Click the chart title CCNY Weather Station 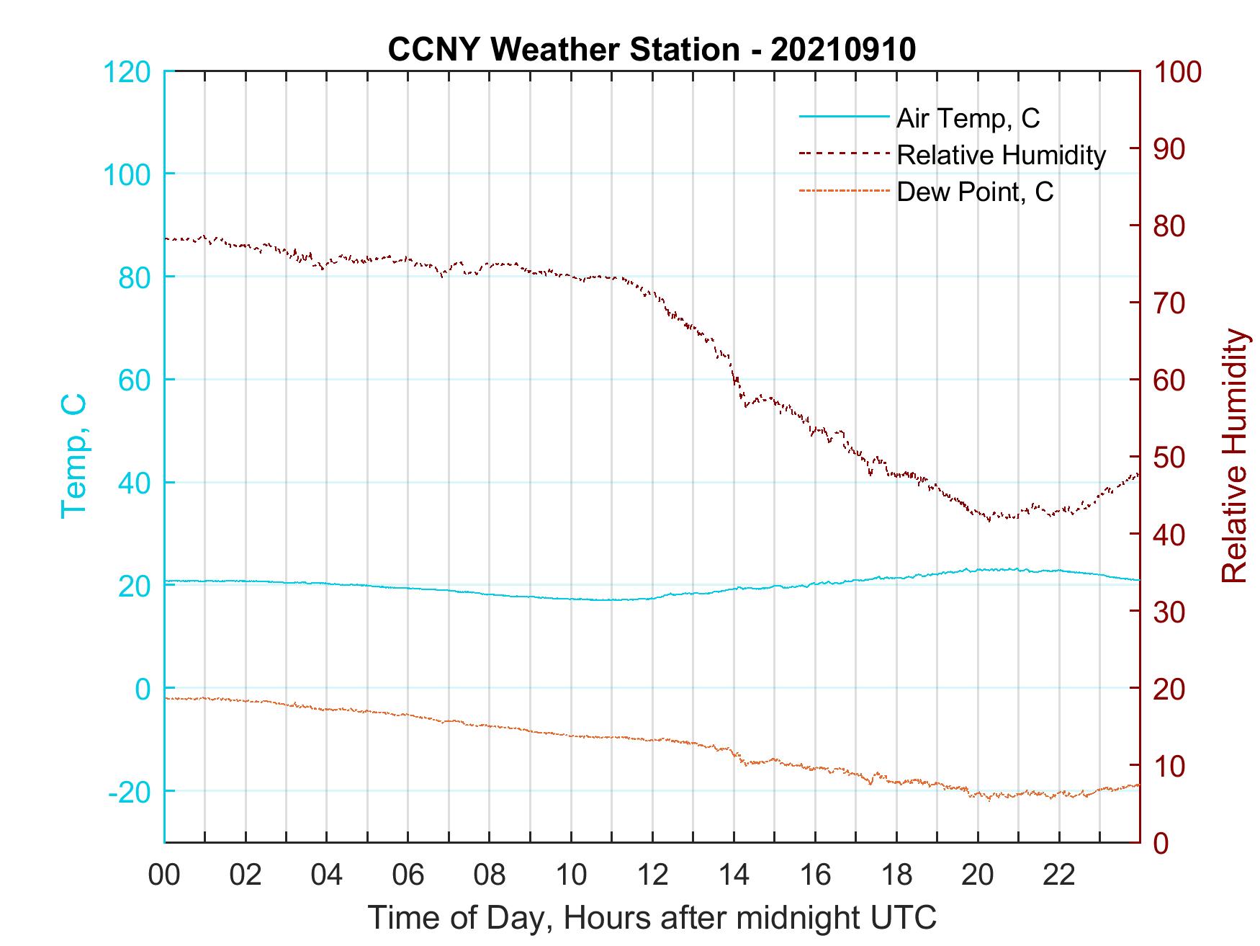click(563, 50)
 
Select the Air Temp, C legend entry click(967, 118)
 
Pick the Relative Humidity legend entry click(1001, 155)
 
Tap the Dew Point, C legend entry click(974, 192)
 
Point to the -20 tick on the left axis click(130, 792)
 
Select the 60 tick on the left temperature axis click(134, 380)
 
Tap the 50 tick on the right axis click(1169, 458)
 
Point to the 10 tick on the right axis click(1169, 766)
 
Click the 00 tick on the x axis click(165, 875)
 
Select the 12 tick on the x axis click(652, 875)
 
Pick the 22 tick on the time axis click(1059, 875)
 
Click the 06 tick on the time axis click(408, 875)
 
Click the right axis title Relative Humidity click(1234, 456)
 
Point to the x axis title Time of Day click(652, 918)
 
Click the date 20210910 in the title click(842, 50)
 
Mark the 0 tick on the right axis click(1161, 843)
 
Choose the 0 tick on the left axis click(143, 689)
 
